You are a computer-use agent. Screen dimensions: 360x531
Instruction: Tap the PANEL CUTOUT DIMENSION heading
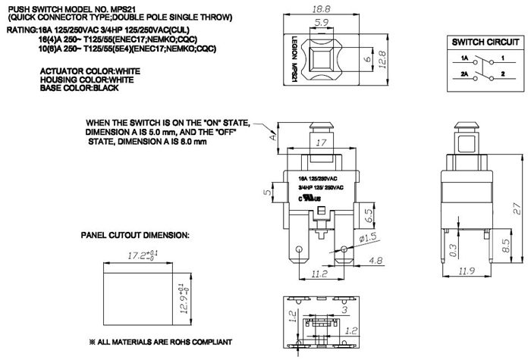[x=135, y=236]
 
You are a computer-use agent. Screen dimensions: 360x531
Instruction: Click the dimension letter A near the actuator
[x=271, y=137]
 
